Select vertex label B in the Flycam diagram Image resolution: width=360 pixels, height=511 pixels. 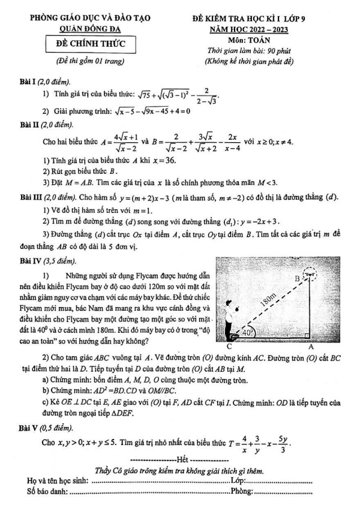pos(296,279)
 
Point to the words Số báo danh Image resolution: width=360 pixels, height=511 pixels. pos(48,492)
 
